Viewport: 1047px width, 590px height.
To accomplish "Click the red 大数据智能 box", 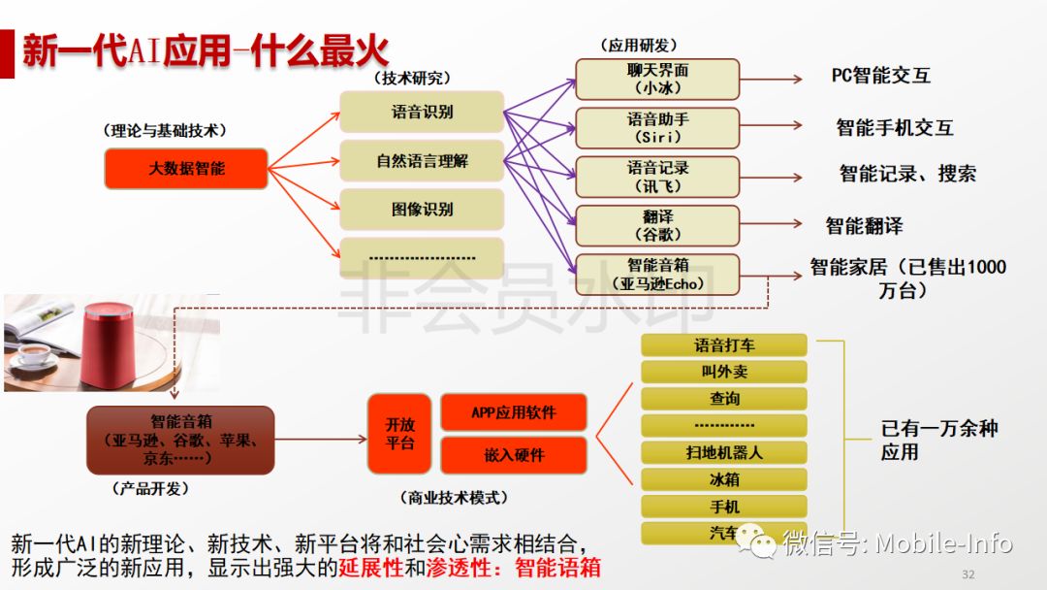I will point(186,169).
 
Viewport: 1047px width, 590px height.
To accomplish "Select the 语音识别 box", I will point(422,112).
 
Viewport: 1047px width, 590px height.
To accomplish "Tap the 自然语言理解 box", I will point(422,160).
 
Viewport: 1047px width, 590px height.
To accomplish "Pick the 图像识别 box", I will point(422,209).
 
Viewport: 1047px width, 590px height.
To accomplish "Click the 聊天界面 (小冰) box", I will point(657,79).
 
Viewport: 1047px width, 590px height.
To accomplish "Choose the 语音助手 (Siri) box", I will point(657,128).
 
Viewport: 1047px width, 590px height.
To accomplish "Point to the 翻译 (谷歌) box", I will point(657,225).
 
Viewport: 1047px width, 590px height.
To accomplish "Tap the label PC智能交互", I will point(881,76).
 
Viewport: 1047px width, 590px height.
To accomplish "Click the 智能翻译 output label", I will point(864,226).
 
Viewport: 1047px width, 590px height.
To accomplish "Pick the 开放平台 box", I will point(399,434).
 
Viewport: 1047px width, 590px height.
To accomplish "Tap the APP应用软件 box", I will point(514,412).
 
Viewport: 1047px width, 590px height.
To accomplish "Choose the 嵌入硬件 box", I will point(514,455).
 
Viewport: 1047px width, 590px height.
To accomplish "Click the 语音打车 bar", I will point(724,344).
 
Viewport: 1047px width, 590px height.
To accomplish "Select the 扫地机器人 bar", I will point(724,452).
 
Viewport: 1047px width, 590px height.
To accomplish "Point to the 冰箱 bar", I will point(724,479).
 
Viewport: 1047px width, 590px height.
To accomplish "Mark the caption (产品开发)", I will point(150,488).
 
